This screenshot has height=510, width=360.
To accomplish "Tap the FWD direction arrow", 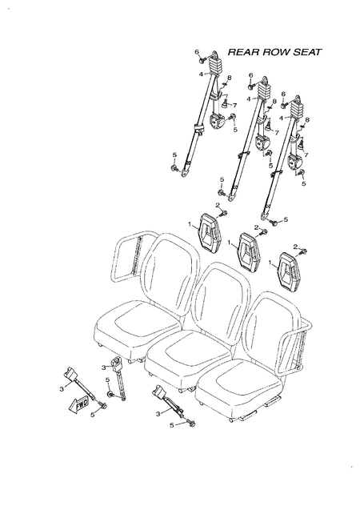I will [82, 403].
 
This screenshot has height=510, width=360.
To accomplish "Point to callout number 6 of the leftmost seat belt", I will [196, 52].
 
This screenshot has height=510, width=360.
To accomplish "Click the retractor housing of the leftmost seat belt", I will [218, 122].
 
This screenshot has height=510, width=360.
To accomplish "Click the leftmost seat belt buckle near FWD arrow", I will [70, 375].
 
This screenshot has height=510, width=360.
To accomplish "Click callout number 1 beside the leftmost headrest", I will [189, 225].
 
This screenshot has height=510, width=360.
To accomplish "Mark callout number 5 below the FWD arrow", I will [92, 414].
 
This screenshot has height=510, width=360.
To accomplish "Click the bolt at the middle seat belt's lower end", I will [222, 193].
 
